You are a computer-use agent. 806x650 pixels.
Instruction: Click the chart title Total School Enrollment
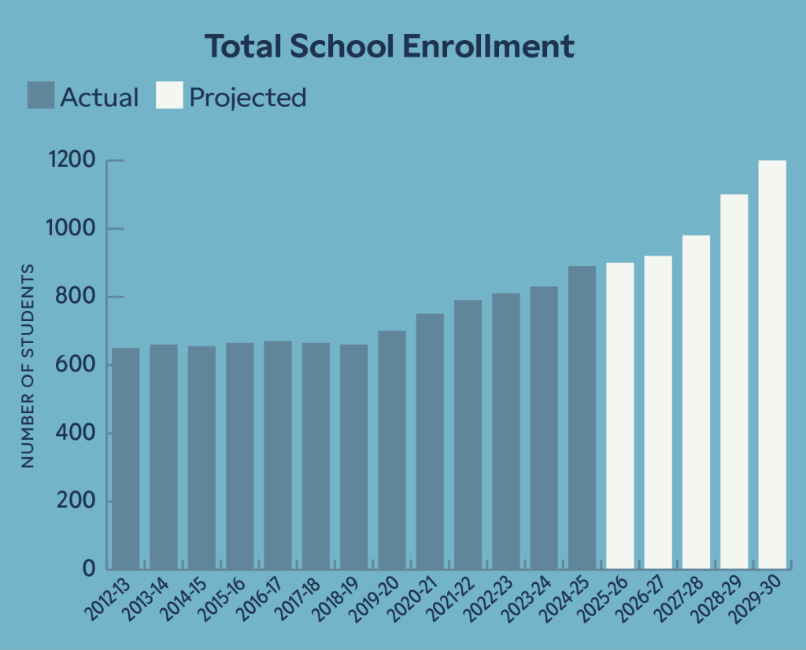390,47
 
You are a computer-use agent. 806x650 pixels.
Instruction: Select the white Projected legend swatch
169,95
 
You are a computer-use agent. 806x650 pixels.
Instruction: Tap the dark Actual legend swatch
41,95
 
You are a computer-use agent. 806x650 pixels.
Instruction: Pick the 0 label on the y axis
88,569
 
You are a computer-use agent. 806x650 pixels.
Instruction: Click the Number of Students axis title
28,366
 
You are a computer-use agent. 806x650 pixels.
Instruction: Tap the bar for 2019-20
392,449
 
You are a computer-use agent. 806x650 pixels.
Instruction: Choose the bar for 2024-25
582,417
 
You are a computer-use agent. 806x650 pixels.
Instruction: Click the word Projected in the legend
248,98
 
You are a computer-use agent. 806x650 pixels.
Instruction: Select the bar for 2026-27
658,412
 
